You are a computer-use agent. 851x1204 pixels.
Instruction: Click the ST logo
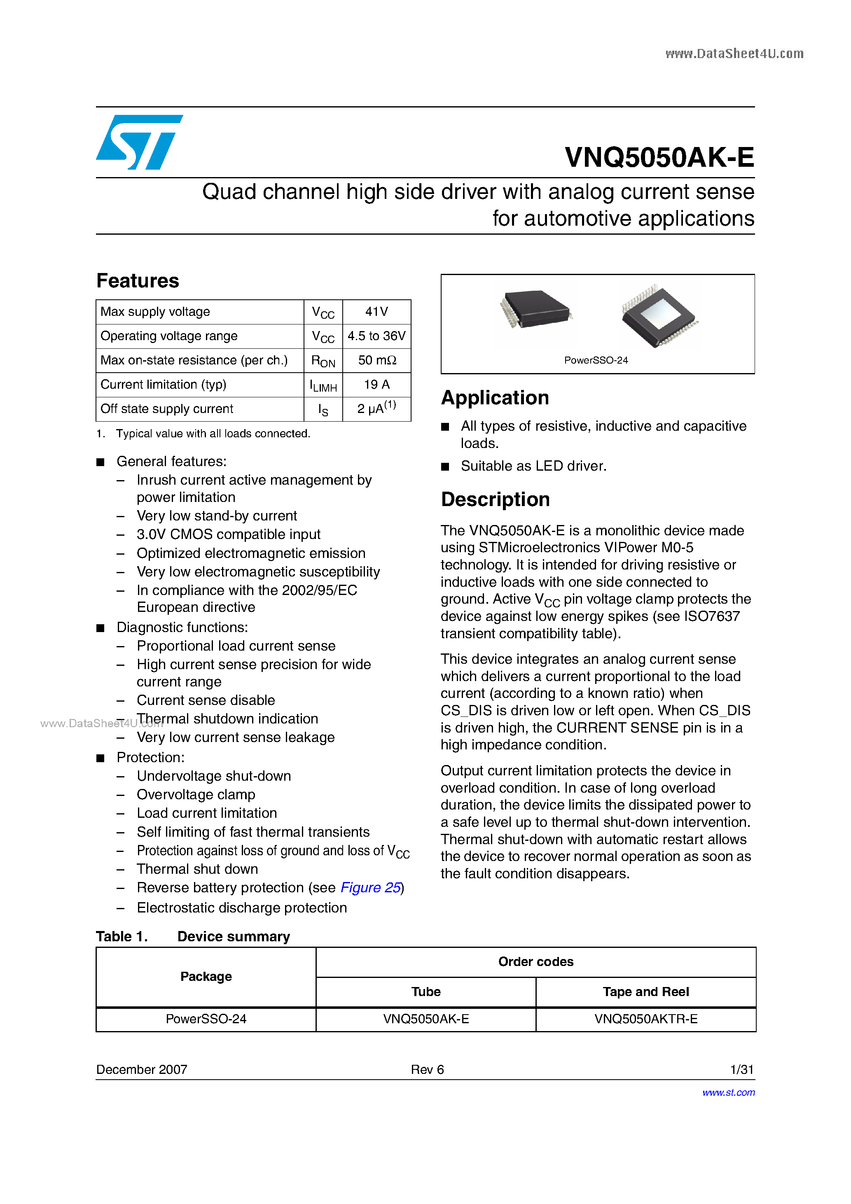click(139, 142)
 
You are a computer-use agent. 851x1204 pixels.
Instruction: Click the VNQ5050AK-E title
click(659, 157)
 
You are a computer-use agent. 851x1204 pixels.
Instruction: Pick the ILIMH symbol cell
click(323, 385)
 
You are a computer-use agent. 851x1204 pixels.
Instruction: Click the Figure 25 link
click(370, 887)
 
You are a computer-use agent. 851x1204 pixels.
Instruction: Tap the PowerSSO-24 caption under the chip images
click(596, 360)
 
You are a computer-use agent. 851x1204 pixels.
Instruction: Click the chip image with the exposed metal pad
click(658, 316)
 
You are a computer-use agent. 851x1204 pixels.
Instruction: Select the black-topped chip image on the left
click(536, 309)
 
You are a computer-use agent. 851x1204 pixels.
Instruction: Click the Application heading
click(495, 397)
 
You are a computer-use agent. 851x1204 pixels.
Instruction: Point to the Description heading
click(495, 499)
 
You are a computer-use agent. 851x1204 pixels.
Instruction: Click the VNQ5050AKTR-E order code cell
click(645, 1019)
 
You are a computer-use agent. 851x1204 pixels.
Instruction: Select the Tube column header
click(425, 992)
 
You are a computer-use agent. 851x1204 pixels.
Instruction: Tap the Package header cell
click(206, 976)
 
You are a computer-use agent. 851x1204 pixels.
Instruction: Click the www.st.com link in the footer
click(728, 1092)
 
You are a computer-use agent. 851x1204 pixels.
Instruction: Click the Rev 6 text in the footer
click(427, 1069)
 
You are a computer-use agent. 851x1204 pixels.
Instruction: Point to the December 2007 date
click(142, 1069)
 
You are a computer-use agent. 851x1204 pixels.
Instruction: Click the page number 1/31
click(741, 1069)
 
